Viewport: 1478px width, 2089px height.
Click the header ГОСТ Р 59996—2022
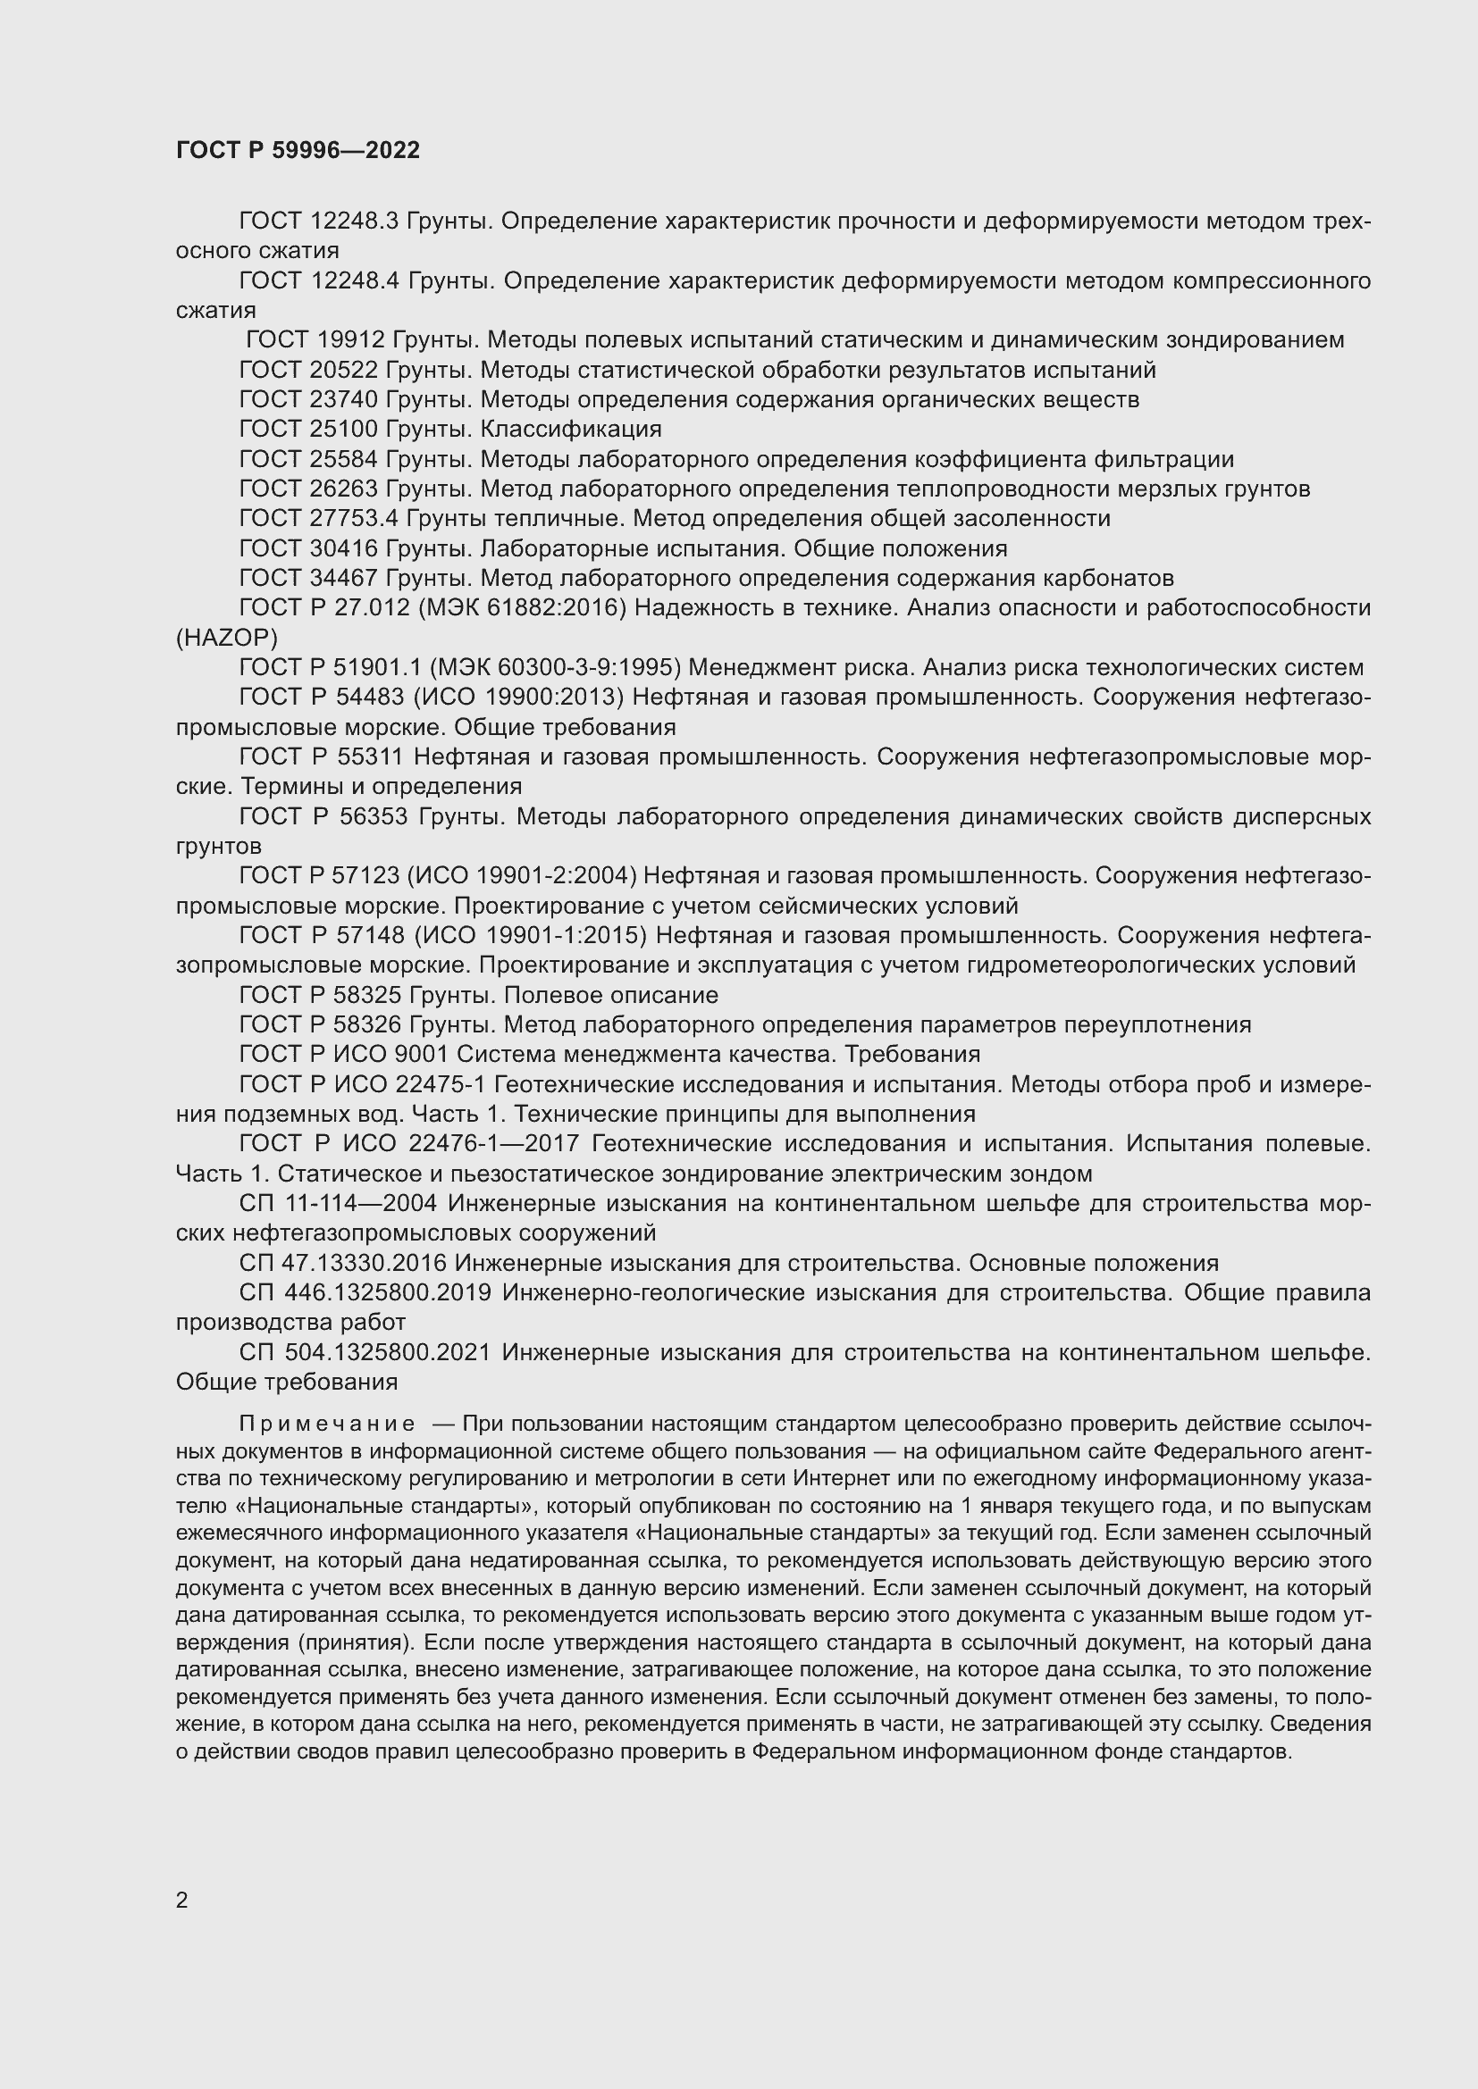[x=298, y=150]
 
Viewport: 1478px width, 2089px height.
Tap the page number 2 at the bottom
[x=182, y=1900]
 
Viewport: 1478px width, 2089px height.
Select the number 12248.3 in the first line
[x=355, y=221]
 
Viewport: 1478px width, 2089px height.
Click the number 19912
[x=352, y=339]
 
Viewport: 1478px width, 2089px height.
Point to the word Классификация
[x=571, y=429]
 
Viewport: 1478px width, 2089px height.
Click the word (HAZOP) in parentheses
[x=227, y=637]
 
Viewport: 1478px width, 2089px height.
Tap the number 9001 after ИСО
[x=421, y=1054]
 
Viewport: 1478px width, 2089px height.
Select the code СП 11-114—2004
[x=338, y=1203]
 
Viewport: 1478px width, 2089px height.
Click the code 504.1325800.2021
[x=387, y=1352]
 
